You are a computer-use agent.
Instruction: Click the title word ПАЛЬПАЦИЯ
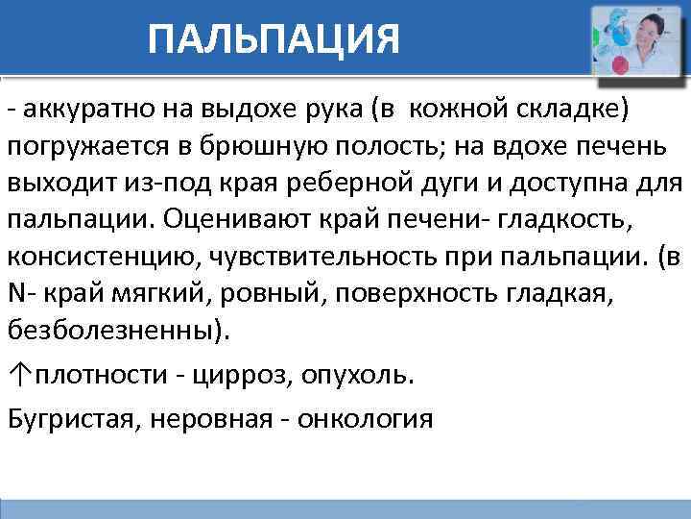274,39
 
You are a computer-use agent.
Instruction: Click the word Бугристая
72,418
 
